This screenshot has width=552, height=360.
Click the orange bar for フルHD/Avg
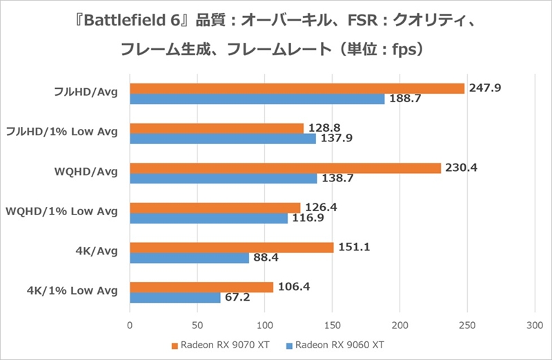tap(297, 88)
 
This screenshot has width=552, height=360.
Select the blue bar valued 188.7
tap(257, 99)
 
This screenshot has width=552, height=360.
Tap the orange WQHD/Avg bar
tap(285, 168)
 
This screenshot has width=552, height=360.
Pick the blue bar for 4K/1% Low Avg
tap(175, 298)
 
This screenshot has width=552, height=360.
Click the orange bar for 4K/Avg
tap(232, 248)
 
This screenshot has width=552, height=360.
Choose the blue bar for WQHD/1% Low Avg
tap(208, 218)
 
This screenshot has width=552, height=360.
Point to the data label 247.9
tap(484, 88)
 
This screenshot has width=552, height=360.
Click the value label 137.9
tap(337, 139)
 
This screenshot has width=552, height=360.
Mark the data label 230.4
tap(461, 168)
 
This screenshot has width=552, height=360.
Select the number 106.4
tap(293, 287)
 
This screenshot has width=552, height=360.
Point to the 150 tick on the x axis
tap(333, 323)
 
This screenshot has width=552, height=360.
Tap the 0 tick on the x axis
tap(130, 323)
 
